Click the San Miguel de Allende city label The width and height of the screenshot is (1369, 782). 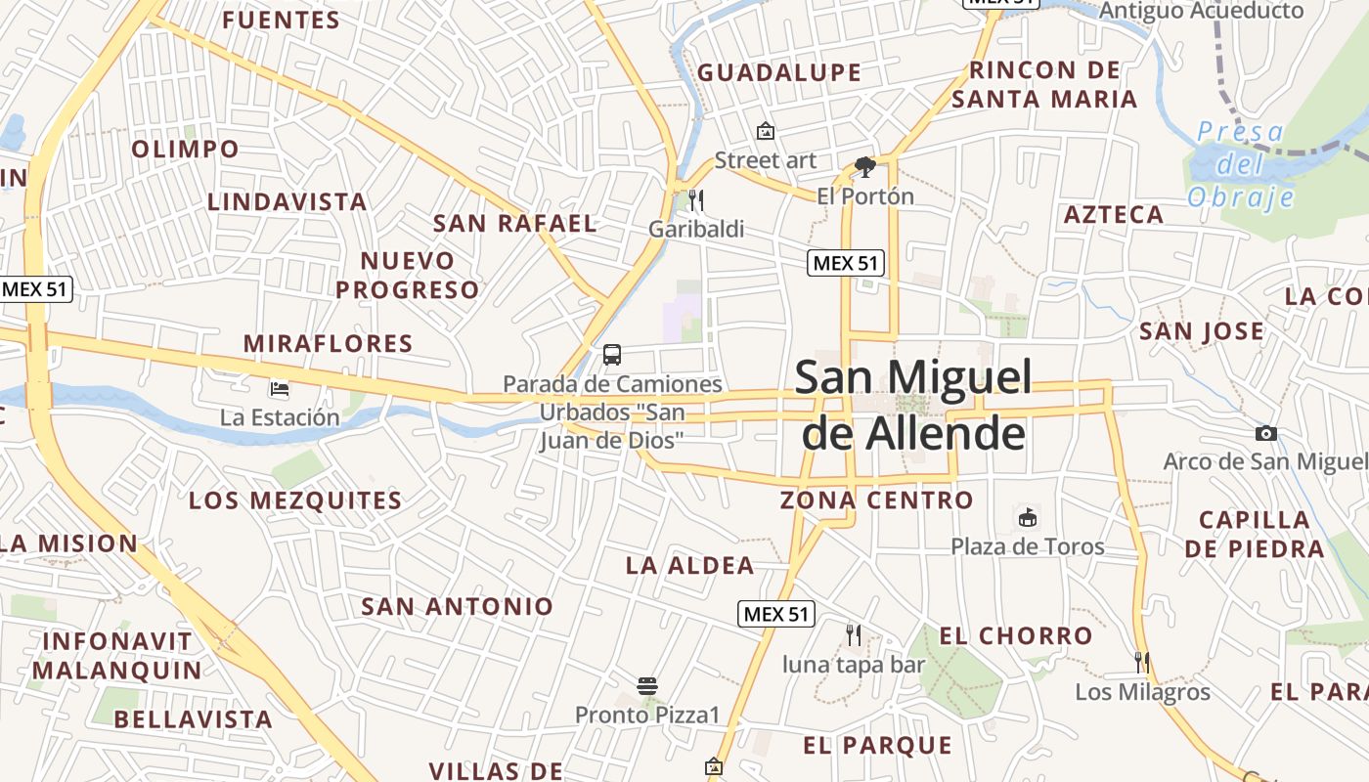[x=913, y=405]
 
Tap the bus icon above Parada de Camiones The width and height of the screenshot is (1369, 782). [x=612, y=355]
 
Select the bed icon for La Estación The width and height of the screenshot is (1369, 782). [x=280, y=389]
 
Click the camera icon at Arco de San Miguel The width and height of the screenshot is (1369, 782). [x=1266, y=433]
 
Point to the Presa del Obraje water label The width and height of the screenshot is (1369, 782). [x=1241, y=164]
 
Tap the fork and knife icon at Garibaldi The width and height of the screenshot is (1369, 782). [x=696, y=200]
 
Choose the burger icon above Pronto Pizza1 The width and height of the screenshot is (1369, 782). [x=647, y=686]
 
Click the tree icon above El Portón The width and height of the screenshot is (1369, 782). [x=864, y=167]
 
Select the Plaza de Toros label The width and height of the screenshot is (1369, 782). [x=1028, y=546]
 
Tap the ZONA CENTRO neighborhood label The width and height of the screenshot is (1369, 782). [x=876, y=500]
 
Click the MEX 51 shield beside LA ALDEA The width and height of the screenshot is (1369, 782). [x=775, y=614]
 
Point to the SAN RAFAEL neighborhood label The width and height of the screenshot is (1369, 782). [x=515, y=224]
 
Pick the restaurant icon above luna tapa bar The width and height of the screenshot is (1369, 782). [x=854, y=635]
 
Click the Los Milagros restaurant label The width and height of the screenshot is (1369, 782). [x=1142, y=693]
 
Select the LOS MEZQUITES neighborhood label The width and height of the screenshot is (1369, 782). [x=295, y=500]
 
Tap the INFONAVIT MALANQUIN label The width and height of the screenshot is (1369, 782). [x=116, y=656]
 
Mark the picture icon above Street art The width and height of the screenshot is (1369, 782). [x=765, y=131]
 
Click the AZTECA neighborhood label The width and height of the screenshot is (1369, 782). [x=1114, y=215]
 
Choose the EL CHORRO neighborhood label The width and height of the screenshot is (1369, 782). [x=1016, y=636]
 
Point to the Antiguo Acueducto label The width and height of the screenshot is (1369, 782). [x=1202, y=11]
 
